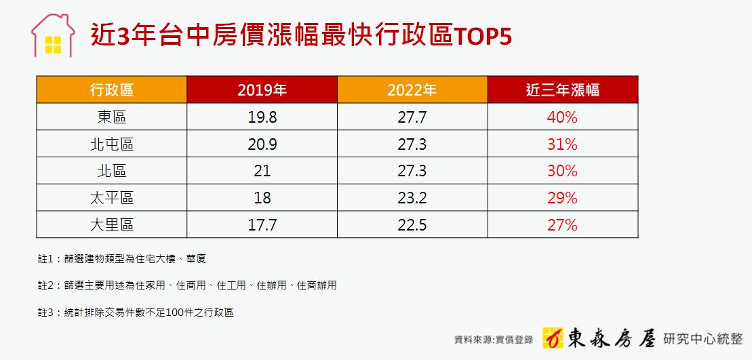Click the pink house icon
pyautogui.click(x=53, y=36)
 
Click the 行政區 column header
pyautogui.click(x=112, y=89)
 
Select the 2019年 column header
pyautogui.click(x=262, y=89)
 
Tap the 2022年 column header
pyautogui.click(x=412, y=89)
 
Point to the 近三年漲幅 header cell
pyautogui.click(x=563, y=89)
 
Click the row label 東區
pyautogui.click(x=112, y=117)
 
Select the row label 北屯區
pyautogui.click(x=112, y=144)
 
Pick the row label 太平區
pyautogui.click(x=112, y=198)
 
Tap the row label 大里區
pyautogui.click(x=112, y=225)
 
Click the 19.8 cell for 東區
pyautogui.click(x=262, y=117)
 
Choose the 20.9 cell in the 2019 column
pyautogui.click(x=262, y=144)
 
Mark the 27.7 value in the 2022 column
pyautogui.click(x=412, y=117)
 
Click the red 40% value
pyautogui.click(x=562, y=117)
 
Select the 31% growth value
pyautogui.click(x=562, y=144)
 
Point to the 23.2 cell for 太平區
pyautogui.click(x=412, y=198)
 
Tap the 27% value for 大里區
pyautogui.click(x=562, y=225)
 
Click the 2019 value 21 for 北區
pyautogui.click(x=262, y=171)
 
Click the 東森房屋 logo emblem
pyautogui.click(x=553, y=338)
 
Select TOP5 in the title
pyautogui.click(x=482, y=37)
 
